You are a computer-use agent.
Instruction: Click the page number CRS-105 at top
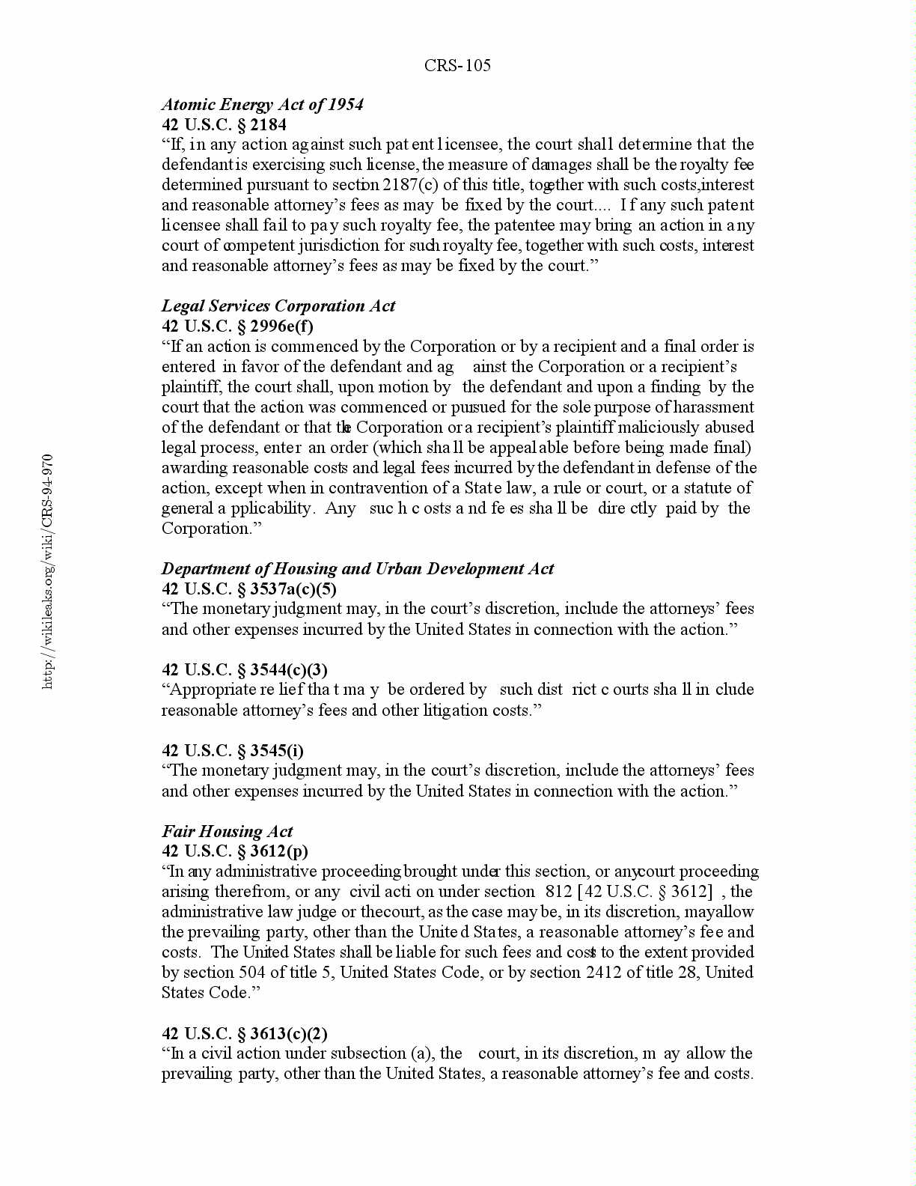(x=457, y=66)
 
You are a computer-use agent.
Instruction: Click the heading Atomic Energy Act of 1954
(x=263, y=105)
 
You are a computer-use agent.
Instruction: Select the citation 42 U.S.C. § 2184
(x=224, y=125)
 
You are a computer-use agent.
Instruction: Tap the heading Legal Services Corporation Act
(x=278, y=306)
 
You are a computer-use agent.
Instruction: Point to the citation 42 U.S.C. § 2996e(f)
(x=237, y=326)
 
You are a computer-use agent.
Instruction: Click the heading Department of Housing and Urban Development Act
(x=358, y=569)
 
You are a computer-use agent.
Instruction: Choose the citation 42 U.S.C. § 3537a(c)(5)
(x=249, y=589)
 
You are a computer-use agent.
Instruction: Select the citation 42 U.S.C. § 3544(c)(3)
(x=245, y=670)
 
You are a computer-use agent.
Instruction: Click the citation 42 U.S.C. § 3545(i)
(x=233, y=751)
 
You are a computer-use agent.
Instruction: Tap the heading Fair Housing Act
(x=227, y=832)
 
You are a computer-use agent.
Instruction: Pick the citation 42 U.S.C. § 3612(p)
(x=235, y=851)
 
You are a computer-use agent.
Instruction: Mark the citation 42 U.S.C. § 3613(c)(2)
(x=245, y=1034)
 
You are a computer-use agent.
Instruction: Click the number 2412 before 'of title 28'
(x=607, y=973)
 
